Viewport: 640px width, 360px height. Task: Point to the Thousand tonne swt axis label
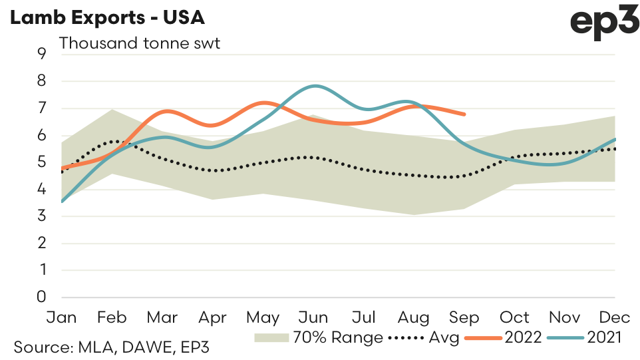tap(140, 44)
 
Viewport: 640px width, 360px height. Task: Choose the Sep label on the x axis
tap(464, 317)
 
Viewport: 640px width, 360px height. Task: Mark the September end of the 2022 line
tap(465, 114)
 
